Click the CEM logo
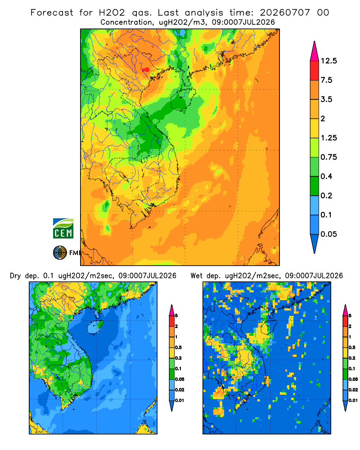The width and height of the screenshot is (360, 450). [63, 228]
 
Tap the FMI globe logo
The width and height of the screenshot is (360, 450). [60, 252]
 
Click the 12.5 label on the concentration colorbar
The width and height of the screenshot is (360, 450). [328, 61]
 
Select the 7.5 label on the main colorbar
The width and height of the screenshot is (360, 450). [326, 80]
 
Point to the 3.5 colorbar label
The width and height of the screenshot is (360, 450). [326, 99]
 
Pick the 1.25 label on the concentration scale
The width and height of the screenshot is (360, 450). [328, 138]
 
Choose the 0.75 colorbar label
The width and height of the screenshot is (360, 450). [328, 157]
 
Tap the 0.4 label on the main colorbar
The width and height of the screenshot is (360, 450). [326, 176]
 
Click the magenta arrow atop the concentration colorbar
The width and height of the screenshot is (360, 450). [315, 52]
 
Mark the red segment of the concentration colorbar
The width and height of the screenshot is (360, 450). [315, 71]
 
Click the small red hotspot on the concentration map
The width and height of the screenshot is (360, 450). [146, 69]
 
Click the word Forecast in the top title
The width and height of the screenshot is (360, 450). [52, 13]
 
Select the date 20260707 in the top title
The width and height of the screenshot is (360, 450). [285, 13]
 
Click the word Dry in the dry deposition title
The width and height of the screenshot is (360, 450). [15, 276]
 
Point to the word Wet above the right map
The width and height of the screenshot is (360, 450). [196, 276]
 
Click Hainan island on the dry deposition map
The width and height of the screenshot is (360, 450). [95, 327]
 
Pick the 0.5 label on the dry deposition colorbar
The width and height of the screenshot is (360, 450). [178, 347]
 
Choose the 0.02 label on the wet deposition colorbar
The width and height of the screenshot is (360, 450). [353, 390]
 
